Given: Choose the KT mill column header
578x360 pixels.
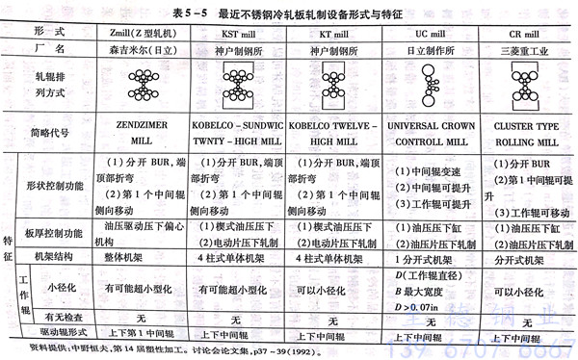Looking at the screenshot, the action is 331,32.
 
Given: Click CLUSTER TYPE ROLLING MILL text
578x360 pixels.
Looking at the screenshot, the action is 528,133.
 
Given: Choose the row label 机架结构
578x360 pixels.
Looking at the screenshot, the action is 63,258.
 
